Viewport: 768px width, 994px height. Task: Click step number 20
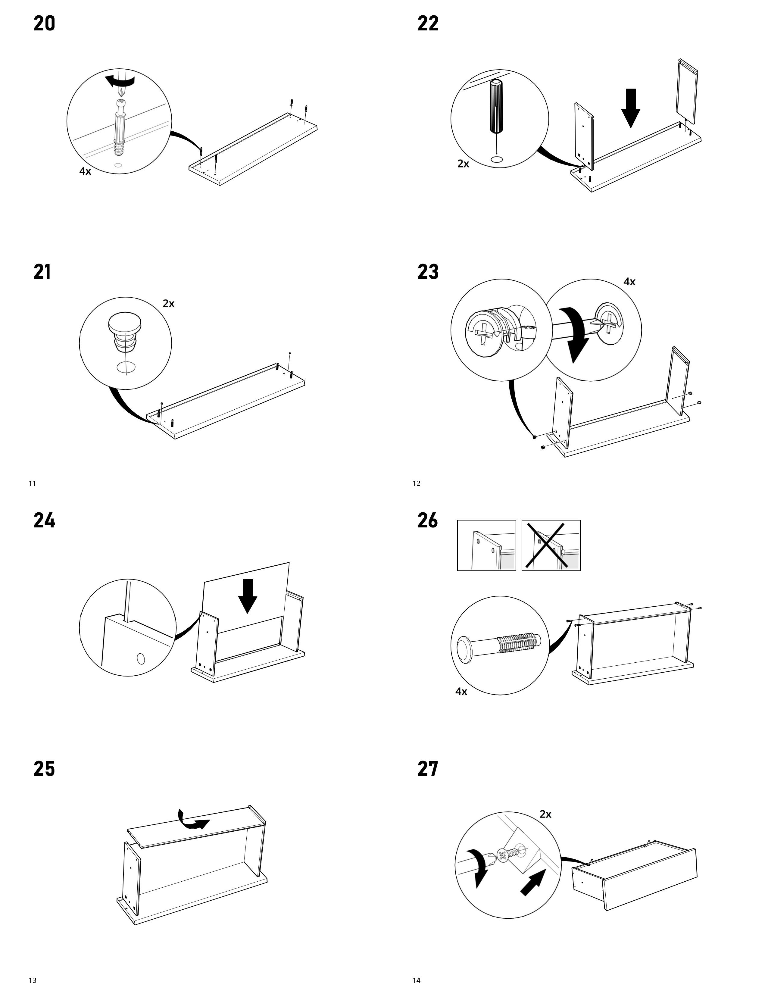tap(44, 24)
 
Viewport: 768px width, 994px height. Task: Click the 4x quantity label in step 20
tap(85, 172)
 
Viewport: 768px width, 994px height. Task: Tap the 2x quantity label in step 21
tap(168, 304)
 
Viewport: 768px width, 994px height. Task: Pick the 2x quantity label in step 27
tap(545, 814)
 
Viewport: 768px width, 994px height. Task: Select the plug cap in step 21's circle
tap(124, 331)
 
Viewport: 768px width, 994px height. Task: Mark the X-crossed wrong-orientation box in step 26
tap(551, 545)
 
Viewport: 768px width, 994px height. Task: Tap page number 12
tap(416, 483)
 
